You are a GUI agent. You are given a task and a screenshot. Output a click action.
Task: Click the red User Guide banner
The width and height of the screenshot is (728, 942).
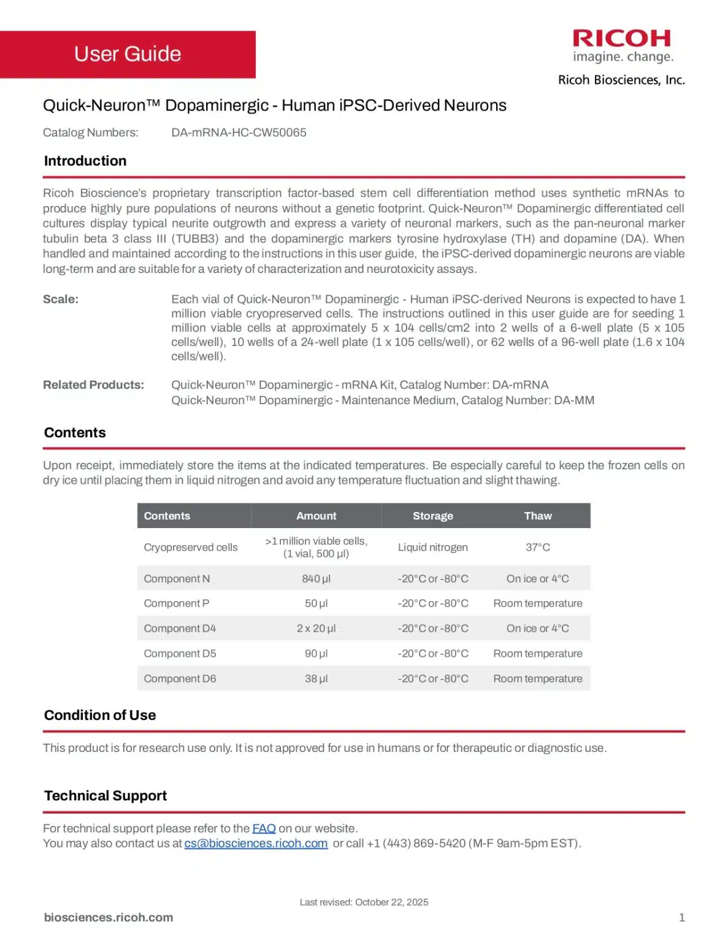click(128, 54)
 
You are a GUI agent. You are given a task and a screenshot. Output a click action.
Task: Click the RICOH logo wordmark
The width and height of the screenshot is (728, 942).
click(621, 39)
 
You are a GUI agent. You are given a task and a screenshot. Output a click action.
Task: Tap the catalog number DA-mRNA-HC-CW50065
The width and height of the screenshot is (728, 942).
click(239, 132)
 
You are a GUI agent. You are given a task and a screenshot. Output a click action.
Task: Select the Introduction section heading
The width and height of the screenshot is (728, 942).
click(85, 161)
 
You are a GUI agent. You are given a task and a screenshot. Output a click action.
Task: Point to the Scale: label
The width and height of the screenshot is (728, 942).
click(61, 299)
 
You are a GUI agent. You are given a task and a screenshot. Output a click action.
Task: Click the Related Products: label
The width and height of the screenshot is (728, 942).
click(93, 385)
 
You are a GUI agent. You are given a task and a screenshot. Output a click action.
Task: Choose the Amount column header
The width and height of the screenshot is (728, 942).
click(316, 516)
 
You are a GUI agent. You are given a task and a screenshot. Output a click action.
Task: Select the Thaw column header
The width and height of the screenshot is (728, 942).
click(537, 516)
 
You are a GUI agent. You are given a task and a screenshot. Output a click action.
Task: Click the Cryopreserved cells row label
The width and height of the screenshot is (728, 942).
click(190, 547)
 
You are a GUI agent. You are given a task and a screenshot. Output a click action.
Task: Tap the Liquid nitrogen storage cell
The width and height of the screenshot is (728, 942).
click(432, 547)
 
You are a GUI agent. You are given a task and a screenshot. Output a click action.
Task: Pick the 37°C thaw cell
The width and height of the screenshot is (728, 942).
click(537, 547)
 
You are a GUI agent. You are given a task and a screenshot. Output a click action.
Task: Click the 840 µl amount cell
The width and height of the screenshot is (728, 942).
click(316, 578)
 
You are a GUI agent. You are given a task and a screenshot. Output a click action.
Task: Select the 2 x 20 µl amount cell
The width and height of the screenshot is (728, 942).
click(316, 628)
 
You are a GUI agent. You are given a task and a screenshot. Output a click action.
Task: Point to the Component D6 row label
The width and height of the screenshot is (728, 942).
click(180, 678)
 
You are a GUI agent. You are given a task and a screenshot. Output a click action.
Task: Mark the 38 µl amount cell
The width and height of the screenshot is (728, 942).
click(316, 678)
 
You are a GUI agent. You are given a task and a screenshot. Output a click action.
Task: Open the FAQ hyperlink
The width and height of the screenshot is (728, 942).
click(264, 828)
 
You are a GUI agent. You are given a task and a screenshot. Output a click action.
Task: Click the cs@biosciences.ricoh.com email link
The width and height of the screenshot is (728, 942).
click(256, 843)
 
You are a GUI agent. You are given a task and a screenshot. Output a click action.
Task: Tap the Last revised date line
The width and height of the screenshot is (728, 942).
click(364, 902)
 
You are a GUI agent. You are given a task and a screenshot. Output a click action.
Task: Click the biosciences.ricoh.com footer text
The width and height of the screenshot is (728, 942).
click(109, 917)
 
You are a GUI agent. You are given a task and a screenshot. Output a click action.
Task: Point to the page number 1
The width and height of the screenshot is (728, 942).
click(681, 917)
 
